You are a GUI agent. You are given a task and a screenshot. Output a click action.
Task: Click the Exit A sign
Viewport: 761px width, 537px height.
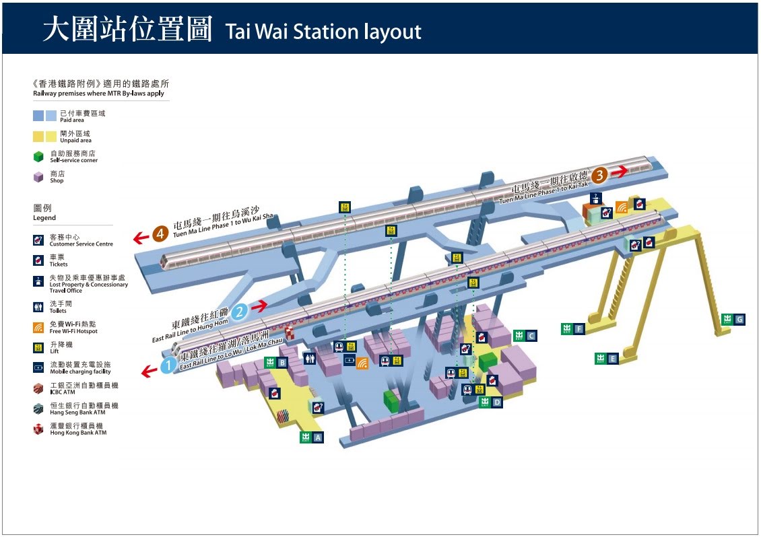coord(312,437)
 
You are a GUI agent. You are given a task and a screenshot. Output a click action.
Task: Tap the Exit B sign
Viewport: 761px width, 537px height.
coord(276,363)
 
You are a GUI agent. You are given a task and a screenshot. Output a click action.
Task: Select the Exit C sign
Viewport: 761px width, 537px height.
coord(525,335)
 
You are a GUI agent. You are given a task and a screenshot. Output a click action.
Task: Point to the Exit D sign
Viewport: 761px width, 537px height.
coord(490,402)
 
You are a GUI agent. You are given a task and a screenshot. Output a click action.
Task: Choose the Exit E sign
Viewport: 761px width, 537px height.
coord(606,359)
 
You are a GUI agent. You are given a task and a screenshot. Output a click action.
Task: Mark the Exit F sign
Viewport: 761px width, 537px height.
coord(573,329)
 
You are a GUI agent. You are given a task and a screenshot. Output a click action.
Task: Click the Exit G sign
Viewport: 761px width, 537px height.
coord(733,319)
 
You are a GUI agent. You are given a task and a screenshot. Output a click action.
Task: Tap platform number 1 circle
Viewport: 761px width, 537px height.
coord(168,365)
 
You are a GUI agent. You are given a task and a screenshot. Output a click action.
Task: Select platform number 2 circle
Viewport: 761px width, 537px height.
coord(239,312)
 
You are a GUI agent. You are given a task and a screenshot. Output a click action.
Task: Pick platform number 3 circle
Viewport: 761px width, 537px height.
coord(599,174)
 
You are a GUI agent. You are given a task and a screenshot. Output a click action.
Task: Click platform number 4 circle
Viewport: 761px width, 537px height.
coord(160,234)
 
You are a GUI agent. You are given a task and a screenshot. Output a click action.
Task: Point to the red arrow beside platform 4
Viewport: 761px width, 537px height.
coord(141,238)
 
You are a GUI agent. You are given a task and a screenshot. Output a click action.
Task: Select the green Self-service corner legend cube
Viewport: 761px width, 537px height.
coord(38,157)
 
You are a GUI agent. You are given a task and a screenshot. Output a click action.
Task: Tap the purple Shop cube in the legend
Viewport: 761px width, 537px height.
coord(38,177)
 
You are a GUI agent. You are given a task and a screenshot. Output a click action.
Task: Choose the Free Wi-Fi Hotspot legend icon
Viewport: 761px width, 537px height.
coord(38,328)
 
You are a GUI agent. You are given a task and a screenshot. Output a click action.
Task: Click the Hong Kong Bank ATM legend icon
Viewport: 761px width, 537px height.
coord(38,429)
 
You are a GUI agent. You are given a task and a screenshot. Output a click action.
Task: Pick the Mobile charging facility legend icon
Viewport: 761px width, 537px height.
coord(38,368)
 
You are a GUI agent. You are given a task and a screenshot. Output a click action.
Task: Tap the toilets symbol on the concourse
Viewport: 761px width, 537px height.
coord(309,358)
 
